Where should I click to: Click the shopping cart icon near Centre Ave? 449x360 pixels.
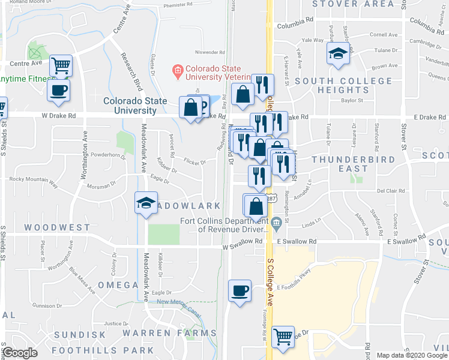tap(61, 65)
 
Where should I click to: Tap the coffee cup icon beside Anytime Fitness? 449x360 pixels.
tap(58, 91)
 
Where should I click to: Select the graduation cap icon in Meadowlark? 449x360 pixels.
tap(146, 203)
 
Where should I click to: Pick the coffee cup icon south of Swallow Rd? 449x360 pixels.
tap(240, 291)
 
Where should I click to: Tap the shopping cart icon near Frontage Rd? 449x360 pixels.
tap(283, 337)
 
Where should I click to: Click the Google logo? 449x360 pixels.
tap(20, 353)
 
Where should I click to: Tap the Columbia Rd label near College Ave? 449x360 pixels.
tap(295, 20)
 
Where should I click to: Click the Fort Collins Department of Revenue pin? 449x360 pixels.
tap(276, 224)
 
